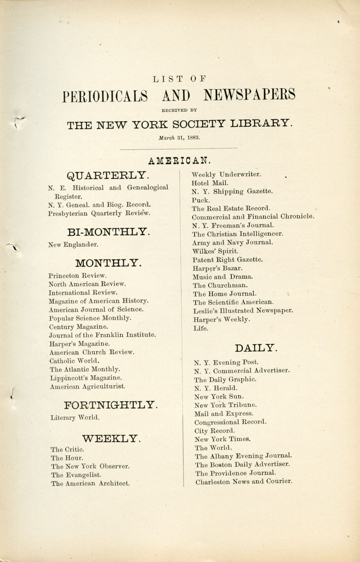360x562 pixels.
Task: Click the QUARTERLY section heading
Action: click(x=108, y=175)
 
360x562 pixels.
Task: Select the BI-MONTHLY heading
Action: click(x=109, y=232)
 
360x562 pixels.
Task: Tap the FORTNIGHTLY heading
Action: click(x=111, y=405)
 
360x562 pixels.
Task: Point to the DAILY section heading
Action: click(x=256, y=348)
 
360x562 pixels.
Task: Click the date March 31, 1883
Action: click(x=179, y=138)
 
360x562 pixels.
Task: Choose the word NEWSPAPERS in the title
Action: click(x=249, y=95)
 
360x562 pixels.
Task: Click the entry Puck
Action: click(x=201, y=200)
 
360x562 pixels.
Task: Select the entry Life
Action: click(x=201, y=328)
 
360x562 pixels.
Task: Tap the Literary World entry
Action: click(x=75, y=418)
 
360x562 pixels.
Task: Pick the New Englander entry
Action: click(x=73, y=245)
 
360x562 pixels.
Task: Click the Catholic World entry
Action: click(x=74, y=361)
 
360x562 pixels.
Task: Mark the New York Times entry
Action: click(x=223, y=439)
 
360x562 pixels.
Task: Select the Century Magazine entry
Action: click(x=78, y=327)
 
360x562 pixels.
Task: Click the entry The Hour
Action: click(x=67, y=458)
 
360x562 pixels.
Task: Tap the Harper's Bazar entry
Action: click(x=218, y=269)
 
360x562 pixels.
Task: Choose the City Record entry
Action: click(x=215, y=431)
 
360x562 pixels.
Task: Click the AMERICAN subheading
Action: click(x=179, y=161)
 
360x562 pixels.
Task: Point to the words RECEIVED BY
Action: click(x=179, y=111)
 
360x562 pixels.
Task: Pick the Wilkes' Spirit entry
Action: click(x=215, y=251)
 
